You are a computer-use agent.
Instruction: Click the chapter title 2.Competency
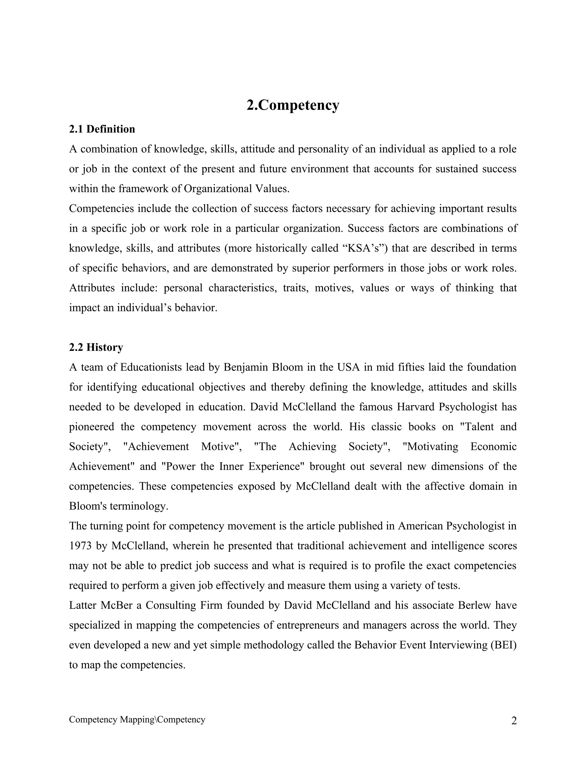293,105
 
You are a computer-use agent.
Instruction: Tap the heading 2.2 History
96,347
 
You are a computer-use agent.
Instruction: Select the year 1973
80,546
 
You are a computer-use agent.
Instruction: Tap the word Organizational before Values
218,189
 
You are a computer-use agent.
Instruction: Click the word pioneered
91,426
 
